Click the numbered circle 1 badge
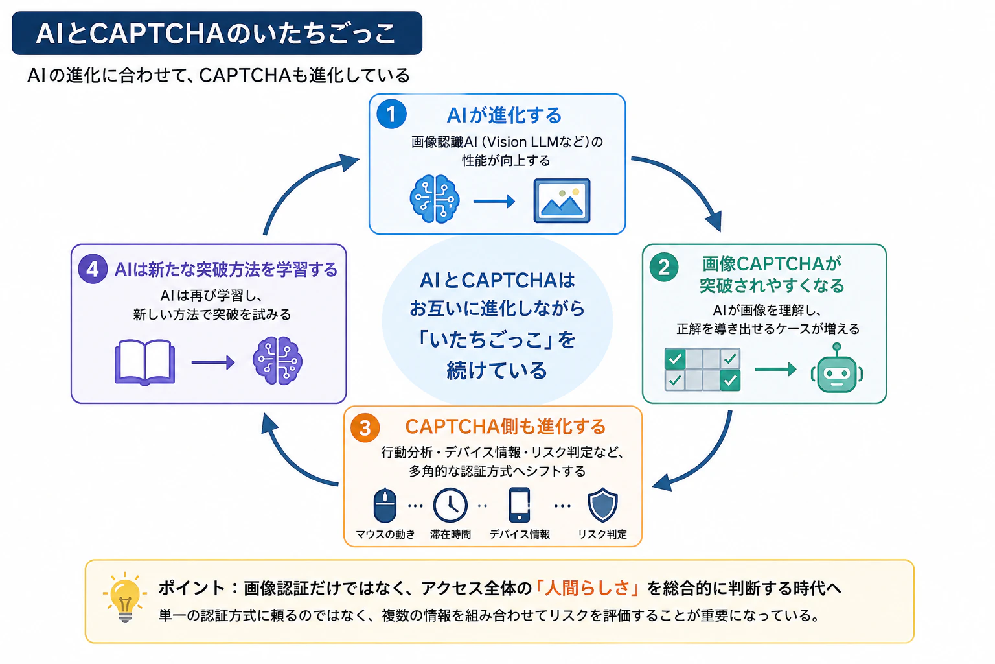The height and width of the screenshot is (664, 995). coord(391,114)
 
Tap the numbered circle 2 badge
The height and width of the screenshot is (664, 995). coord(664,267)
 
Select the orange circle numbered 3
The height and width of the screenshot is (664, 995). coord(365,428)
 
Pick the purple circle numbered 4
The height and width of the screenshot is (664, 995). coord(93,269)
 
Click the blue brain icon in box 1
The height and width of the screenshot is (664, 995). coord(435,199)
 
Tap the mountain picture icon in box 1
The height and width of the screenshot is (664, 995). coord(562,200)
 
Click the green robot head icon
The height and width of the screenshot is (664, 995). coord(837,368)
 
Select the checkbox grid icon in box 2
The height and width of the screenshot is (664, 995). coord(702,369)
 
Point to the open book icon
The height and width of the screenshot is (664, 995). coord(145,362)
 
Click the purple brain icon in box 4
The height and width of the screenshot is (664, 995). coord(278,361)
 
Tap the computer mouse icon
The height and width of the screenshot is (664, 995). coord(385,505)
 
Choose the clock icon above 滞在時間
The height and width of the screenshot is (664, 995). coord(450,505)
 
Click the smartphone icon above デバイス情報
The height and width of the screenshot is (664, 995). coord(520,504)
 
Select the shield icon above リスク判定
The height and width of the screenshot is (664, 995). coord(602,505)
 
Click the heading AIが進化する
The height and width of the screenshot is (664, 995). coord(504,115)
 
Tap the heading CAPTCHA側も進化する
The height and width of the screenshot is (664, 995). coord(505,427)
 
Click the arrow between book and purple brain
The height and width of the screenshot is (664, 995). coord(212,362)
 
